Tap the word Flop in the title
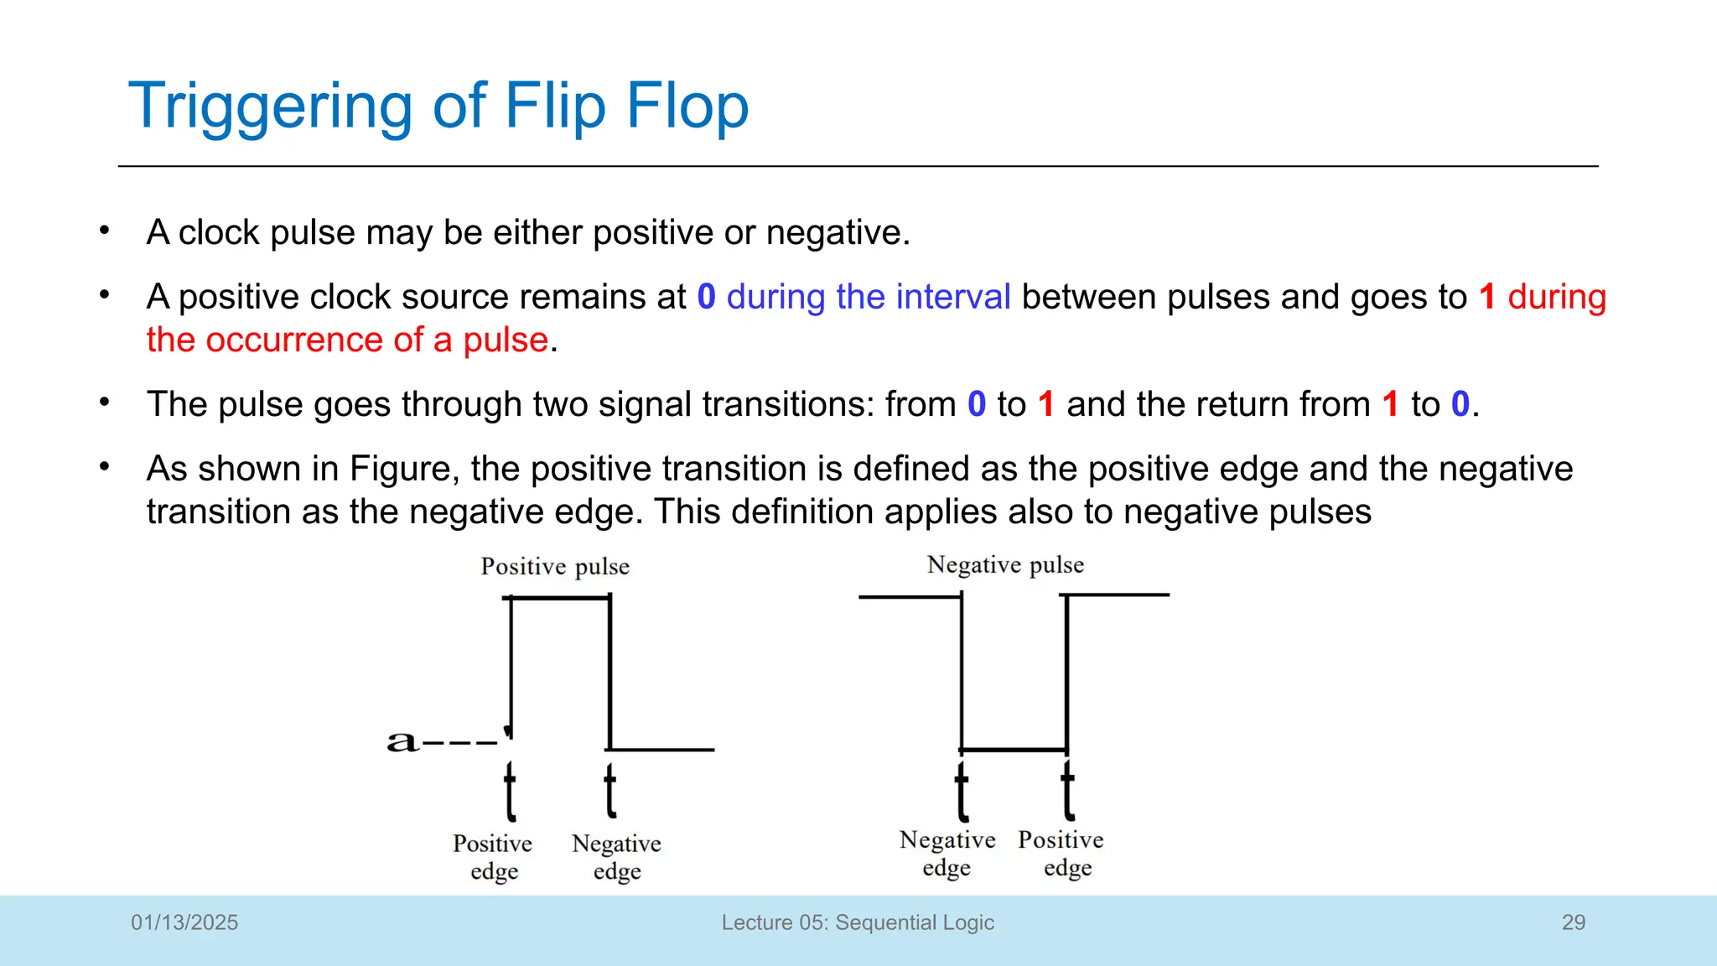(687, 106)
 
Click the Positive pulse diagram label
(555, 567)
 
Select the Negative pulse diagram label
(1005, 565)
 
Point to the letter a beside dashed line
(401, 741)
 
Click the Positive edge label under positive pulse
(493, 857)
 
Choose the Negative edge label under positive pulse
(616, 857)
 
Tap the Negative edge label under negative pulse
(947, 854)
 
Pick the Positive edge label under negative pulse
(1061, 854)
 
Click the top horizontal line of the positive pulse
(560, 598)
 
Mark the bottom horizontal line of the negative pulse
(1014, 749)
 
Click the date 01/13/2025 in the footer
(184, 922)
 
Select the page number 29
(1574, 922)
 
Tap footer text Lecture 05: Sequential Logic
(858, 922)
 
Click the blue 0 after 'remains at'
(707, 297)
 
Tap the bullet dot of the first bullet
(104, 230)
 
